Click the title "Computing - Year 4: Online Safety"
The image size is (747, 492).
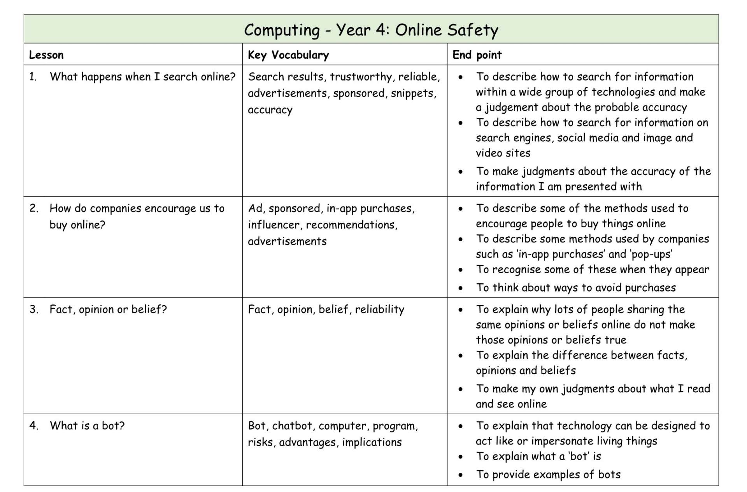coord(371,30)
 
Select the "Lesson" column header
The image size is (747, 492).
coord(46,55)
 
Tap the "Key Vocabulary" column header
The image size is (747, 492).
coord(288,55)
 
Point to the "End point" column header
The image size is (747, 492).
coord(477,55)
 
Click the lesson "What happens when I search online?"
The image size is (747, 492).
coord(142,77)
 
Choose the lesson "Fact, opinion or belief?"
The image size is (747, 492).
coord(108,309)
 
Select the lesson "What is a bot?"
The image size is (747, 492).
coord(87,425)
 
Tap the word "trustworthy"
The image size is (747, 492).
coord(361,77)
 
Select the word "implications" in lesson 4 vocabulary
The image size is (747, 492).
coord(372,442)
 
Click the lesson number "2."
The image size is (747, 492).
coord(34,208)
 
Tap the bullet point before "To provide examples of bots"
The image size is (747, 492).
coord(461,475)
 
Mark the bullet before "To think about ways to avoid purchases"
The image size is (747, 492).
coord(461,288)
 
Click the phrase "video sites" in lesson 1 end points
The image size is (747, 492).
coord(503,153)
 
